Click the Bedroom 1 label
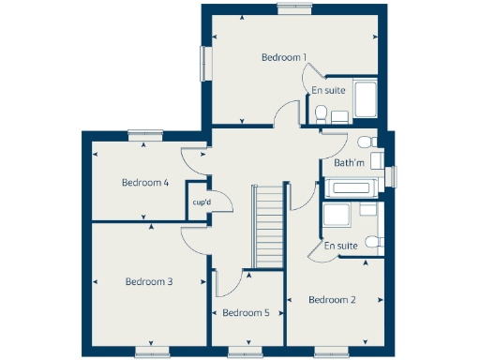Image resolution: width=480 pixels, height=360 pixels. click(x=284, y=58)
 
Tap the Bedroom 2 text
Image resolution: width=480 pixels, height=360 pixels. click(x=332, y=300)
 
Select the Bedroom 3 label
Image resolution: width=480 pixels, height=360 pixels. click(x=149, y=281)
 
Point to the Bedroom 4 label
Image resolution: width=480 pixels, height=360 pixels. click(x=145, y=183)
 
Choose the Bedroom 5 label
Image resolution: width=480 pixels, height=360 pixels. click(x=247, y=313)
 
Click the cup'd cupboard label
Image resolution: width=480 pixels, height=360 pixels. click(x=201, y=202)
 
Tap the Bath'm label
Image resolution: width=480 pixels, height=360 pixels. click(x=349, y=163)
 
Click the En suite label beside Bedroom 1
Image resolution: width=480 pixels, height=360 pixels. click(x=328, y=91)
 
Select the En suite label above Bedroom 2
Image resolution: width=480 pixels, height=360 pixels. click(x=342, y=246)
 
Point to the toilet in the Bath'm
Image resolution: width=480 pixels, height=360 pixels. click(x=366, y=142)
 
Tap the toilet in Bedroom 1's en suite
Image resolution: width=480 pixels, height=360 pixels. click(x=322, y=113)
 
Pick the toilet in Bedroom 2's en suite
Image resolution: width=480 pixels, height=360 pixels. click(x=373, y=243)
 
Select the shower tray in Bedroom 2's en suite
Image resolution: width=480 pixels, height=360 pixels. click(x=337, y=217)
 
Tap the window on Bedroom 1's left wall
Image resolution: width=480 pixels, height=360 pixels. click(x=203, y=65)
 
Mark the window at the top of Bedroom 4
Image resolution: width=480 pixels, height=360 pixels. click(x=145, y=134)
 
